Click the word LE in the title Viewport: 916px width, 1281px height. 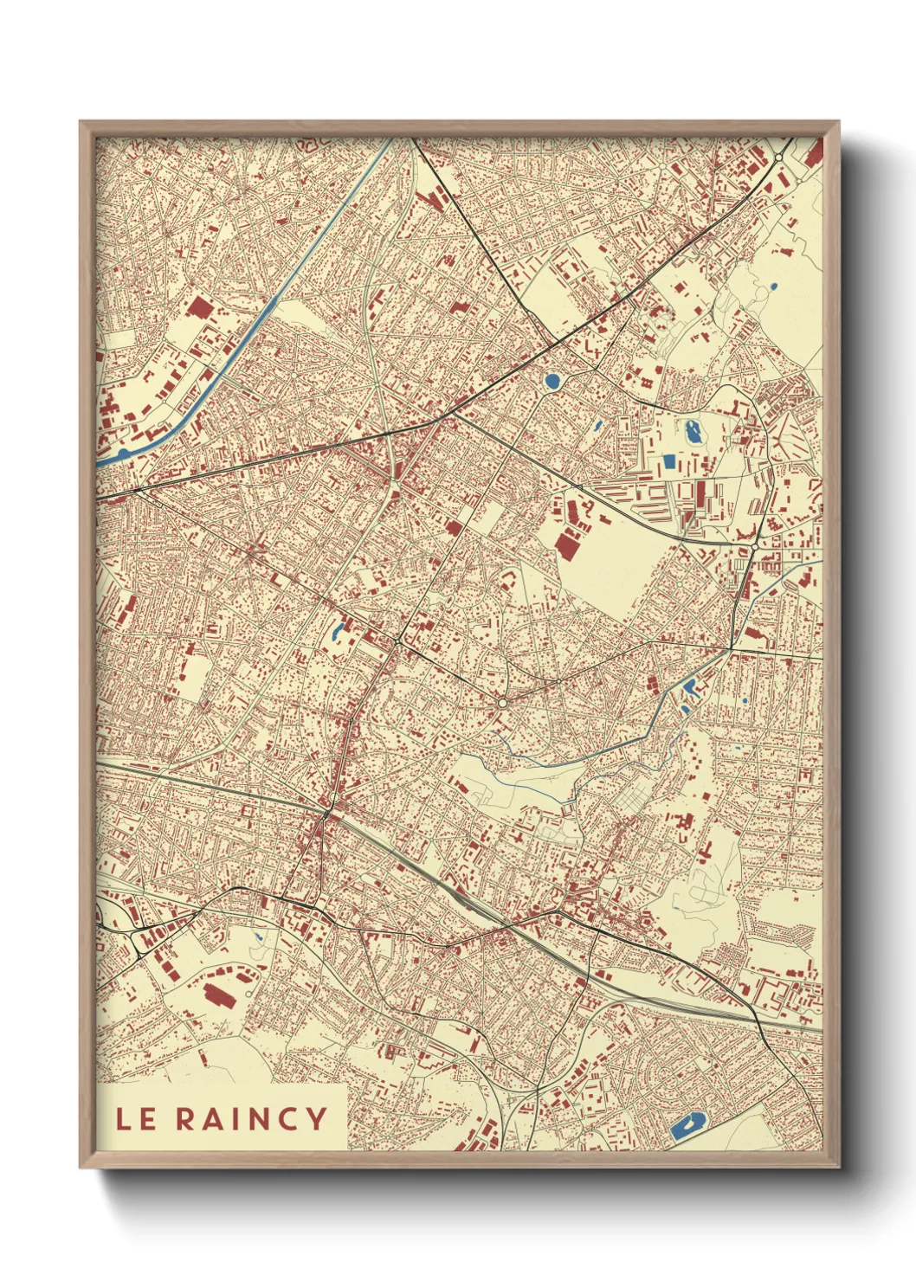point(136,1118)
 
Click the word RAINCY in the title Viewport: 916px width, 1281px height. point(252,1118)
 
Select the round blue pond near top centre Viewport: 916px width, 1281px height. point(552,380)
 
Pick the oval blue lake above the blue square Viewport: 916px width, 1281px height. point(693,430)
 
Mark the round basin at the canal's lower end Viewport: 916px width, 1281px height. point(122,452)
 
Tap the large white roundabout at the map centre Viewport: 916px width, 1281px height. point(502,704)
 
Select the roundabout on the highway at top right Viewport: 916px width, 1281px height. point(779,157)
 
